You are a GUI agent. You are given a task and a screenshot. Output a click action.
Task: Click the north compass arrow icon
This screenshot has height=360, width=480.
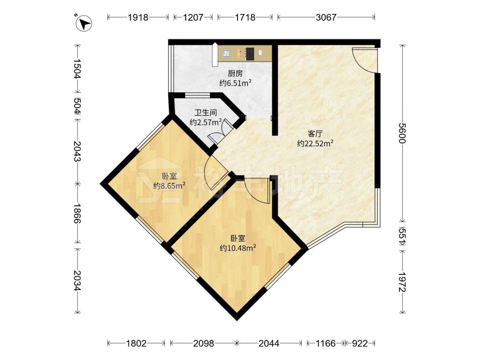coord(84,23)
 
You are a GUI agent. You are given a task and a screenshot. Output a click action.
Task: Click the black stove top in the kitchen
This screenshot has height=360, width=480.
coord(250,54)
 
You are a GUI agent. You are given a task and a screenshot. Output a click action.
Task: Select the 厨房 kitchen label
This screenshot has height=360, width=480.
coord(235,73)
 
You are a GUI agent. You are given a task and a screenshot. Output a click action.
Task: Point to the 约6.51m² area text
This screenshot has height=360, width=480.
coord(235,83)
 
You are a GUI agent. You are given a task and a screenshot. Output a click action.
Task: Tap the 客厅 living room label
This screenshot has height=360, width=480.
coord(315,134)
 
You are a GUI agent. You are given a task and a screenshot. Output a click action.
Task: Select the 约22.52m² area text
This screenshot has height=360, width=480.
coord(315,143)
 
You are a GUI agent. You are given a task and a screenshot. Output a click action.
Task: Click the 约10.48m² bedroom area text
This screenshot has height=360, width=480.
coord(238,248)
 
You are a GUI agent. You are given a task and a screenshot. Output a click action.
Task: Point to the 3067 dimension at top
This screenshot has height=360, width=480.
coord(326,17)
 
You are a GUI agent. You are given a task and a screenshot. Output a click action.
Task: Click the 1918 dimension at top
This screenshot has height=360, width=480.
coord(138,17)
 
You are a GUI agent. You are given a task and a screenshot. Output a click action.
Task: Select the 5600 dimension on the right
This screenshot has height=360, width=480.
coord(402,133)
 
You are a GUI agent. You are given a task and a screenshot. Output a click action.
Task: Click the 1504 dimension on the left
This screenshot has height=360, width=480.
coord(78,69)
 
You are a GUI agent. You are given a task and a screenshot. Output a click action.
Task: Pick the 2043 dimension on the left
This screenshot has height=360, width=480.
coord(78,152)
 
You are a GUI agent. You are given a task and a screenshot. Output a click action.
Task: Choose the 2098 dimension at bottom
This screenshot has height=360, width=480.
coord(204,344)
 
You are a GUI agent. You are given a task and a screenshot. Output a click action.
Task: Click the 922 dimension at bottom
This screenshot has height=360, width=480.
coord(360,344)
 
